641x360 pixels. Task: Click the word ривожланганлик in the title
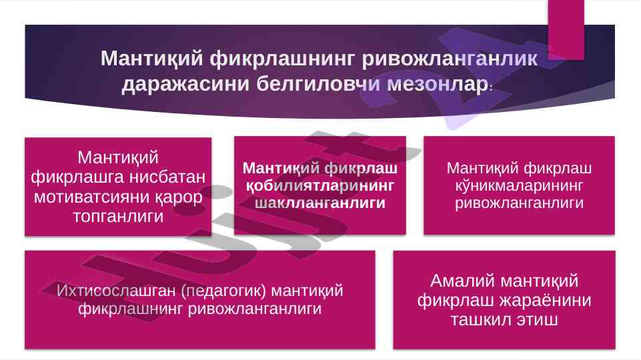coord(450,59)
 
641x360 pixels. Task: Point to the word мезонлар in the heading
coord(438,84)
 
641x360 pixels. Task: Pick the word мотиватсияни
coord(91,197)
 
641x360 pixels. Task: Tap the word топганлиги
coord(118,217)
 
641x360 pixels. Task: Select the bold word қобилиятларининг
coord(319,186)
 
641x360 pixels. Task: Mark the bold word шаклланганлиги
coord(320,203)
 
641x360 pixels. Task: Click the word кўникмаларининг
coord(519,186)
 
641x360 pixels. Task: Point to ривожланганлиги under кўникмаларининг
coord(519,203)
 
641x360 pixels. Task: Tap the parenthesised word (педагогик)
coord(223,291)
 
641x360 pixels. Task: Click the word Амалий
coord(462,281)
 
